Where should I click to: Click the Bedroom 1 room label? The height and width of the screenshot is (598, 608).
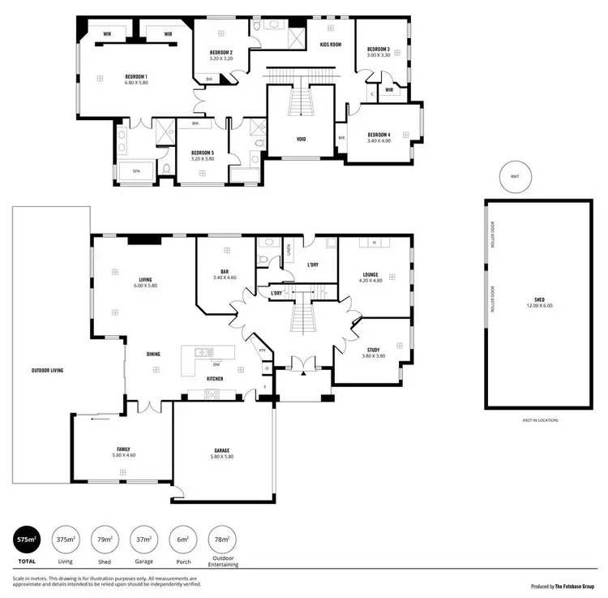(x=135, y=76)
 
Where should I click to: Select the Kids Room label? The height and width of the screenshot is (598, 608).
(x=329, y=45)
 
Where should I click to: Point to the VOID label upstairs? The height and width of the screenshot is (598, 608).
(x=302, y=139)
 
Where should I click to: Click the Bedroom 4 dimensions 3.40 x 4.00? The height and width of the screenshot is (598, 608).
(x=379, y=141)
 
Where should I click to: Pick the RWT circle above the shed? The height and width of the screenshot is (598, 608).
(x=514, y=177)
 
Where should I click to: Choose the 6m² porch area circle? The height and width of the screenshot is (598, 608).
(x=184, y=540)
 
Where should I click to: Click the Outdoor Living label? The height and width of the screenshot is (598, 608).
(x=48, y=370)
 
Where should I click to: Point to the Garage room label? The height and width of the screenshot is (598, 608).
(x=222, y=450)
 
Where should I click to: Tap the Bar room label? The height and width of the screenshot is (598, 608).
(x=224, y=272)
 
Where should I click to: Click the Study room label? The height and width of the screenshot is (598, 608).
(x=373, y=350)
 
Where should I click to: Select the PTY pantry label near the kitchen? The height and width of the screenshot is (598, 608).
(x=262, y=351)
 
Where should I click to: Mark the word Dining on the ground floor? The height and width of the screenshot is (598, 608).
(x=153, y=354)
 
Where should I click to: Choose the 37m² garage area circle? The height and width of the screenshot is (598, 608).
(x=143, y=540)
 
